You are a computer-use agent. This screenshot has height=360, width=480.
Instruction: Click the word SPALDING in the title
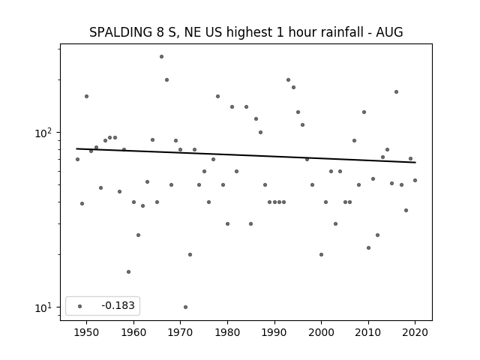point(121,32)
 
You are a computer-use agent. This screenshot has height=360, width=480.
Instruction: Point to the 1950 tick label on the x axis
point(87,332)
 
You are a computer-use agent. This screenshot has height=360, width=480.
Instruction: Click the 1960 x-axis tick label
point(133,332)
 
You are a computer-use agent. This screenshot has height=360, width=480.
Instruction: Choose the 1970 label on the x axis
point(180,332)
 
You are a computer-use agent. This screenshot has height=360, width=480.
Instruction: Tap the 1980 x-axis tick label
point(227,332)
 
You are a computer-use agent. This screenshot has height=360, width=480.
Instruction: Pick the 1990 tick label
point(274,332)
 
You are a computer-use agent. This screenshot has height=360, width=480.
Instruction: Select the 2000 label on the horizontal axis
point(321,332)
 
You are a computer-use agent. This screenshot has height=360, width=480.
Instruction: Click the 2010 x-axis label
point(368,332)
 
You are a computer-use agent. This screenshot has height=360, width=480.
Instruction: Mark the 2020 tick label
point(415,332)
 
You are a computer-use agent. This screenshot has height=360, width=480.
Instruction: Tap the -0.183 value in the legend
point(118,305)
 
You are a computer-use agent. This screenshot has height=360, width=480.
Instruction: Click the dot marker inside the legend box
point(80,306)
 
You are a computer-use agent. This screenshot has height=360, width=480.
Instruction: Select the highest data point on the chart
point(162,57)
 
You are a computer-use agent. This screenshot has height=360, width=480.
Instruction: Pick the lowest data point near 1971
point(185,307)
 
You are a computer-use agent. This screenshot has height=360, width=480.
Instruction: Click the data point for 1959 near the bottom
point(128,271)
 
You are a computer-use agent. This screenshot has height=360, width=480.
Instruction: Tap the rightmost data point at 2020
point(415,180)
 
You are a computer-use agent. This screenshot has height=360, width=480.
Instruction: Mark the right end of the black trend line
point(415,162)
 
